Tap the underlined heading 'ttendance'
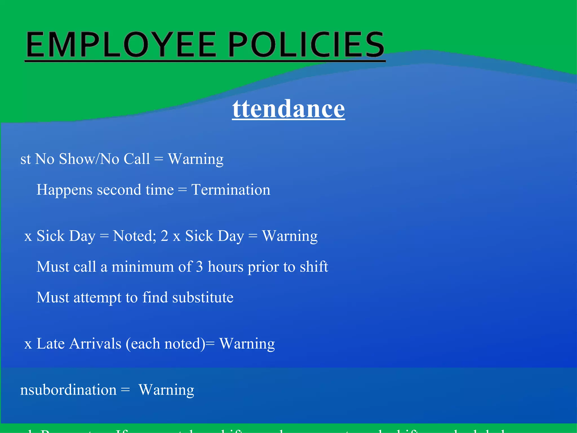click(x=288, y=109)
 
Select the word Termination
click(x=231, y=190)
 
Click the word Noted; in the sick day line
click(x=134, y=236)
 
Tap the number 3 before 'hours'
click(x=199, y=267)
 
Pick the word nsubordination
click(x=68, y=390)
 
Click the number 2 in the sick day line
click(x=165, y=236)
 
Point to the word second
click(x=119, y=190)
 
